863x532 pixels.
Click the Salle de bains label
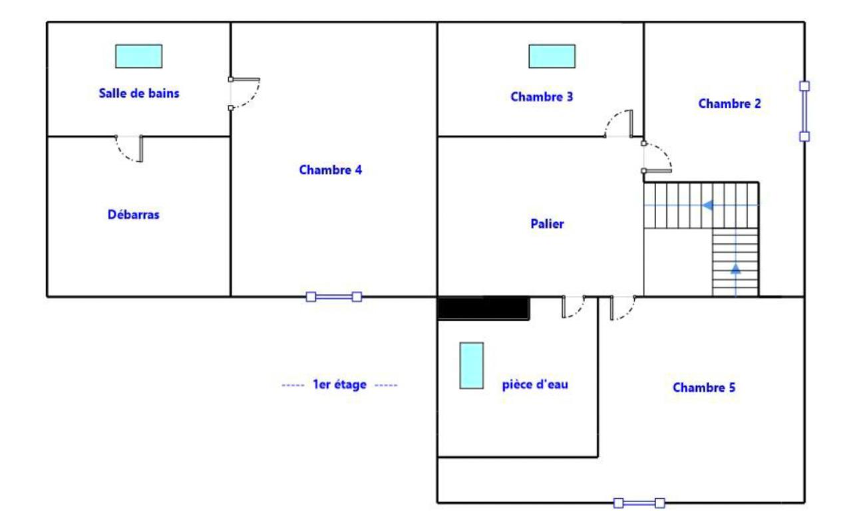[139, 93]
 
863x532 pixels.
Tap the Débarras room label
[133, 214]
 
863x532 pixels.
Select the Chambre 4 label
[331, 170]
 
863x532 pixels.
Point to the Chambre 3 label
[542, 96]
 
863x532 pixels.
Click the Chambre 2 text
[730, 104]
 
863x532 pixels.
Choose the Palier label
[547, 223]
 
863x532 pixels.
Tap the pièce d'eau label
[535, 384]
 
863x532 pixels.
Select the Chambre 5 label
[704, 387]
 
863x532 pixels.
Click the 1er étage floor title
[339, 384]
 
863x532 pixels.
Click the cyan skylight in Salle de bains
[138, 57]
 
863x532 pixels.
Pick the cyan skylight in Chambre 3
[552, 57]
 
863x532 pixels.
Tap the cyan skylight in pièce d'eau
[472, 366]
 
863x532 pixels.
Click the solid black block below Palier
[484, 308]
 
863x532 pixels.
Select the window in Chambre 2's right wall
[804, 111]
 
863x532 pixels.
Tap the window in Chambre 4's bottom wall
[334, 297]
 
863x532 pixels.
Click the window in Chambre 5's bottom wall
[639, 503]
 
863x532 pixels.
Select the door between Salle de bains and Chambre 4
[244, 93]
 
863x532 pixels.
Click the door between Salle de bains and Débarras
[130, 148]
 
